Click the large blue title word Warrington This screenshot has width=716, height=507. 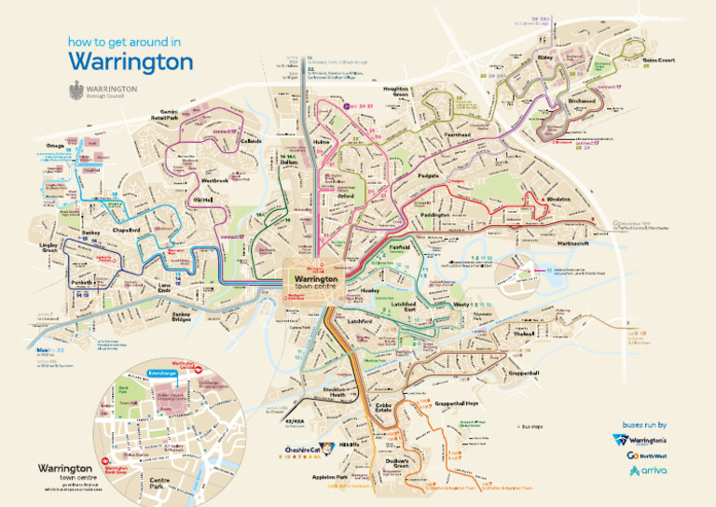tap(131, 62)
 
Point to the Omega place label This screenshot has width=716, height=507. tap(55, 145)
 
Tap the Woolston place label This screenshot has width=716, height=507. tap(558, 200)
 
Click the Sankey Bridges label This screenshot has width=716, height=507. tap(188, 317)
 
